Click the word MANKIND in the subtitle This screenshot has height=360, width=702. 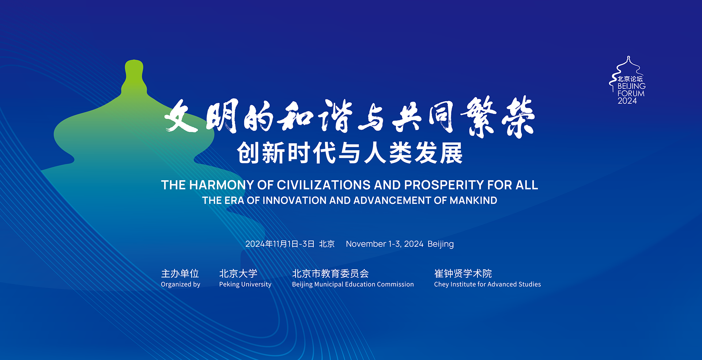pyautogui.click(x=473, y=200)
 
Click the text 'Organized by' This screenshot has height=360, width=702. pyautogui.click(x=180, y=284)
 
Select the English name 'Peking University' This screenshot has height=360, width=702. pyautogui.click(x=245, y=284)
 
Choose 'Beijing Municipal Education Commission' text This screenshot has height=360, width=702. pyautogui.click(x=353, y=284)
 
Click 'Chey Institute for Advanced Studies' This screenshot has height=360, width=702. pyautogui.click(x=487, y=284)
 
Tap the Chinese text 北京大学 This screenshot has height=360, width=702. pyautogui.click(x=238, y=273)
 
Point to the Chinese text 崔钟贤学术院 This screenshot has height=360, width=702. pyautogui.click(x=463, y=273)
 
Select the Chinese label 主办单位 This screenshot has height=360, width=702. pyautogui.click(x=180, y=273)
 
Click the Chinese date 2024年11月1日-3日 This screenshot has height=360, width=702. pyautogui.click(x=280, y=244)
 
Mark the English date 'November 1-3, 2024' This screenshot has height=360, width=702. pyautogui.click(x=384, y=244)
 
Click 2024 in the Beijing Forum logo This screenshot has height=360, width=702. pyautogui.click(x=627, y=101)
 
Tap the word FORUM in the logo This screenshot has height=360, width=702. pyautogui.click(x=631, y=94)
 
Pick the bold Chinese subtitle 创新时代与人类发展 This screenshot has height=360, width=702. pyautogui.click(x=350, y=153)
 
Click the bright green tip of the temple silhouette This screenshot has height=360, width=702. pyautogui.click(x=134, y=69)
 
